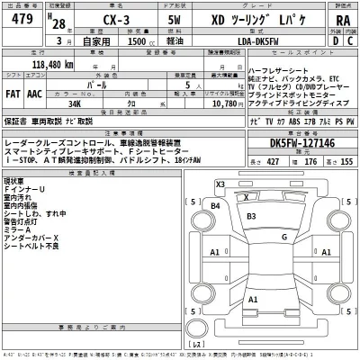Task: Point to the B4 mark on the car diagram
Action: click(215, 206)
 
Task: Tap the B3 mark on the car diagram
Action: click(252, 216)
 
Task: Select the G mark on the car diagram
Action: click(283, 236)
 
